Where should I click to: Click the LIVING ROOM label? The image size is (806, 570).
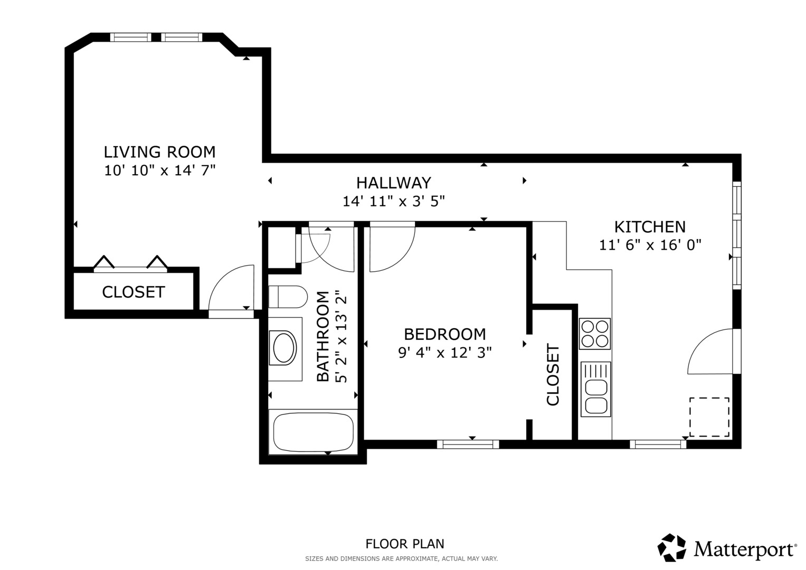[160, 152]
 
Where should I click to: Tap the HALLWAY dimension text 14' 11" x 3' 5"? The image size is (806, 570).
[394, 201]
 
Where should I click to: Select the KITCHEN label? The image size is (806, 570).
[650, 227]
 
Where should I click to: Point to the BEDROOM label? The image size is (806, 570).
[445, 334]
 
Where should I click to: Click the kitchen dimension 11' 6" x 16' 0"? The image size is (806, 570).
[650, 245]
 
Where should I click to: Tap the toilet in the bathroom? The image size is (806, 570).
[288, 297]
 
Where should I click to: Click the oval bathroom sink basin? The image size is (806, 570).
[285, 348]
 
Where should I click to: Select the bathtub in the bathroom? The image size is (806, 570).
[313, 432]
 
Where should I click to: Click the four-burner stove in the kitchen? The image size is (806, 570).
[595, 334]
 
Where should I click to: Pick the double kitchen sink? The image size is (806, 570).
[595, 389]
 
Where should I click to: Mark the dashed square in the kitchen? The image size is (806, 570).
[709, 417]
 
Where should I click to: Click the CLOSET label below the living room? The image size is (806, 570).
[134, 292]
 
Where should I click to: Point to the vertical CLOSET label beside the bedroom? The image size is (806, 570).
[553, 375]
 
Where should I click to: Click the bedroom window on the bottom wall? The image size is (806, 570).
[468, 444]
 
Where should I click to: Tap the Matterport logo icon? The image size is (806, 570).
[671, 548]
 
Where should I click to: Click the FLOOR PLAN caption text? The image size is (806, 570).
[405, 544]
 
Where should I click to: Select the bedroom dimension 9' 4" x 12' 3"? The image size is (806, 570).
[445, 353]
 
